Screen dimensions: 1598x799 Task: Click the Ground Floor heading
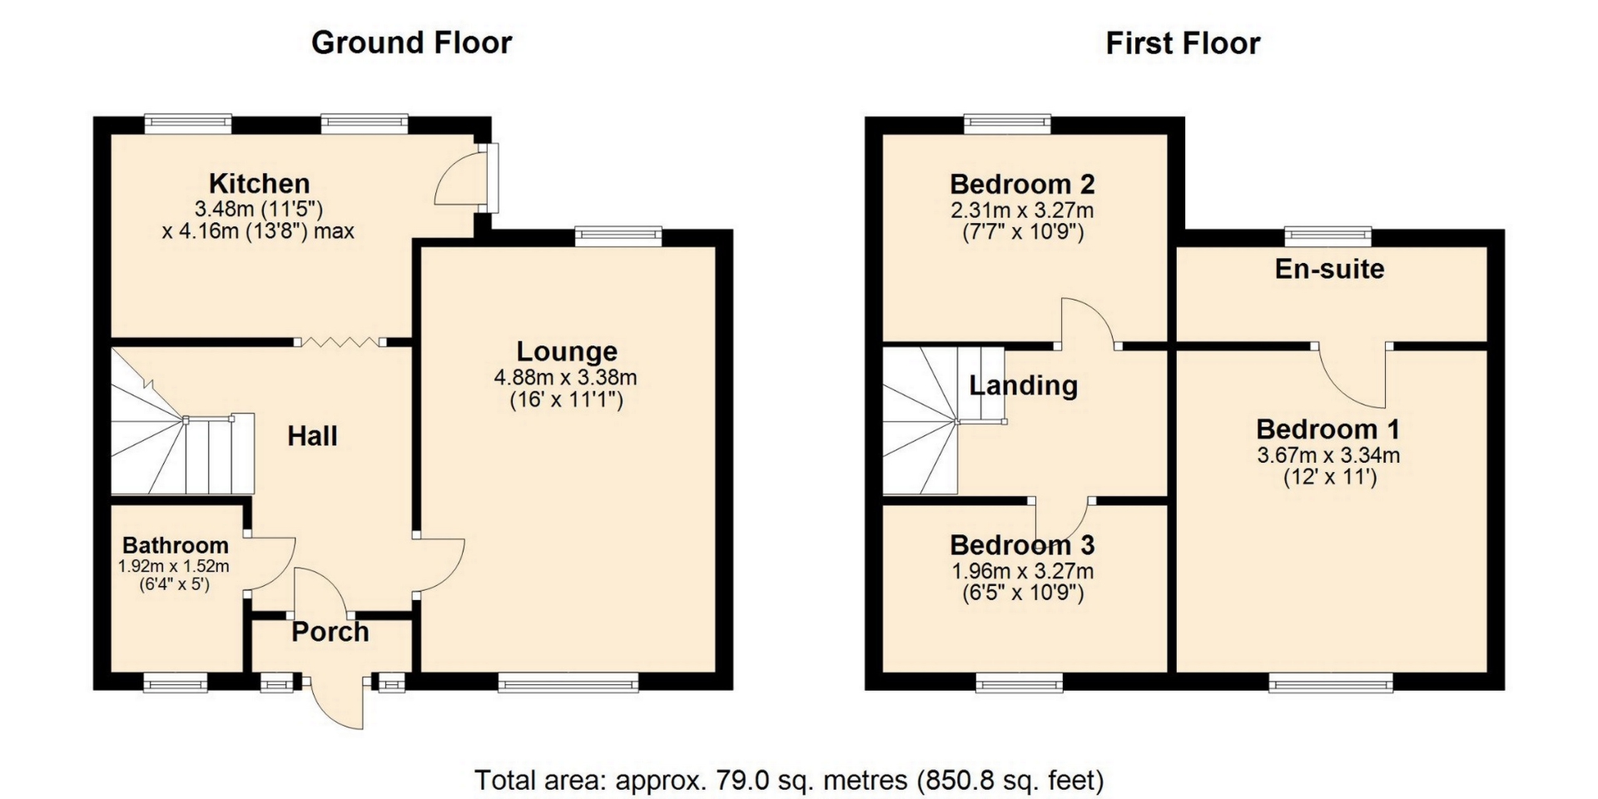[x=411, y=42]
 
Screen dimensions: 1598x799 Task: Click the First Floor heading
[x=1183, y=42]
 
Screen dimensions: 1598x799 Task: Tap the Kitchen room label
[x=259, y=183]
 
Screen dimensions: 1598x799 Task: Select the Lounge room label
[x=567, y=351]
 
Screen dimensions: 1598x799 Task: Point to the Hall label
[x=312, y=435]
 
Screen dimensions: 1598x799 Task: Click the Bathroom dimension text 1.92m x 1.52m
[x=174, y=567]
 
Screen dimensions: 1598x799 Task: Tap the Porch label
[x=330, y=632]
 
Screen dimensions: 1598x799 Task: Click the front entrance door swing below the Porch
[x=337, y=703]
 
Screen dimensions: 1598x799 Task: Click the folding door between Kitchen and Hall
[x=341, y=341]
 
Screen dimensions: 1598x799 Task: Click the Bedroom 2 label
[x=1022, y=183]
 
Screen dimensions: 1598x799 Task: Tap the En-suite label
[x=1329, y=269]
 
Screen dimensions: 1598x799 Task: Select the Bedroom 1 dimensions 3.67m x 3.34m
[x=1328, y=455]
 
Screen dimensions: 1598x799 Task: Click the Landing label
[x=1023, y=385]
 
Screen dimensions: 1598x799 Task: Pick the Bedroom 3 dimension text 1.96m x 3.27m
[x=1022, y=572]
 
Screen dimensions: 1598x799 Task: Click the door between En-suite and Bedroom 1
[x=1352, y=375]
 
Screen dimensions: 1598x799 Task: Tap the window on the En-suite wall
[x=1328, y=236]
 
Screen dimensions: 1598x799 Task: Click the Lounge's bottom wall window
[x=568, y=683]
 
